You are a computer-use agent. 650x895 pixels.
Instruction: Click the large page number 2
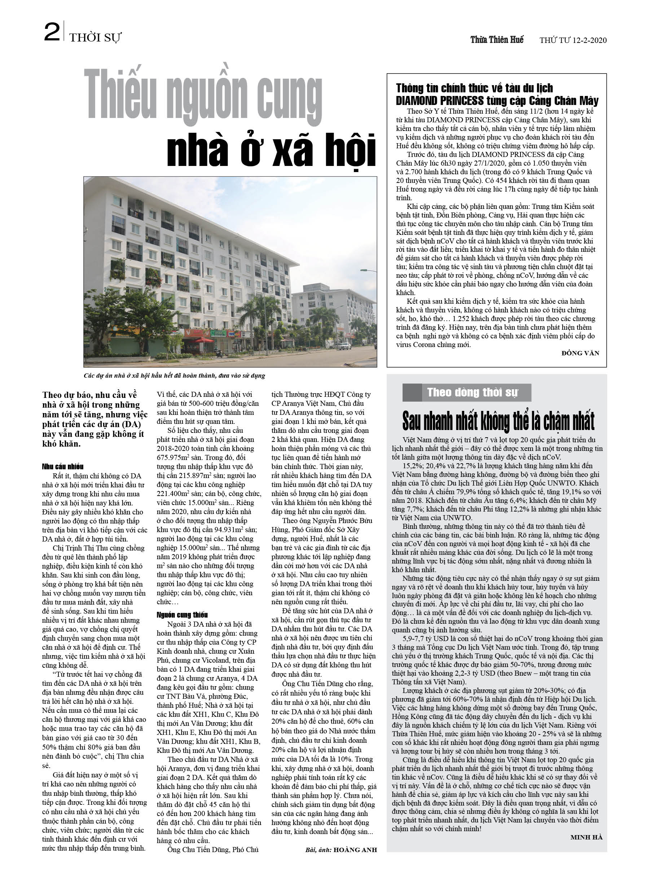pyautogui.click(x=52, y=32)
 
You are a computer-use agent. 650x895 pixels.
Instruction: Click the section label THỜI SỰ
pyautogui.click(x=95, y=38)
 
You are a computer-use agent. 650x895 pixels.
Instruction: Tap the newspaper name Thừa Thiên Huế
pyautogui.click(x=497, y=40)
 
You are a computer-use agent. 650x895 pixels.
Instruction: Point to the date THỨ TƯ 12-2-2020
pyautogui.click(x=573, y=40)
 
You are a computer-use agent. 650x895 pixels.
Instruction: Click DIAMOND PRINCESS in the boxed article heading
pyautogui.click(x=440, y=101)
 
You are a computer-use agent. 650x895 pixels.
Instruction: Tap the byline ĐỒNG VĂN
pyautogui.click(x=580, y=353)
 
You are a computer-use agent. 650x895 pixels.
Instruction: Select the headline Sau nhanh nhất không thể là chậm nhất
pyautogui.click(x=498, y=421)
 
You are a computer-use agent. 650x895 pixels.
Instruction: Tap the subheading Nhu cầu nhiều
pyautogui.click(x=63, y=466)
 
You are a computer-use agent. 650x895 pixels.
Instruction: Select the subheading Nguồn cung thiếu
pyautogui.click(x=182, y=614)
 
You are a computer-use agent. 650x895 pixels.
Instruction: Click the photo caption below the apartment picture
pyautogui.click(x=174, y=375)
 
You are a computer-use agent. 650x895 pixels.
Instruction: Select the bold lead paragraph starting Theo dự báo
pyautogui.click(x=95, y=419)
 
